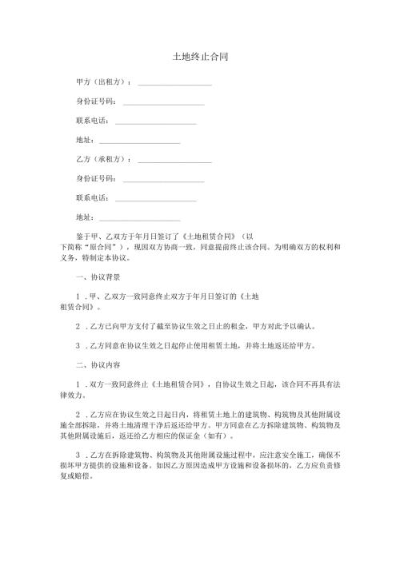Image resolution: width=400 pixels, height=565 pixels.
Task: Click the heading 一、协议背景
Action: point(98,277)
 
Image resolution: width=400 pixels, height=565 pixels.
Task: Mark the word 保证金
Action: point(194,437)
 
